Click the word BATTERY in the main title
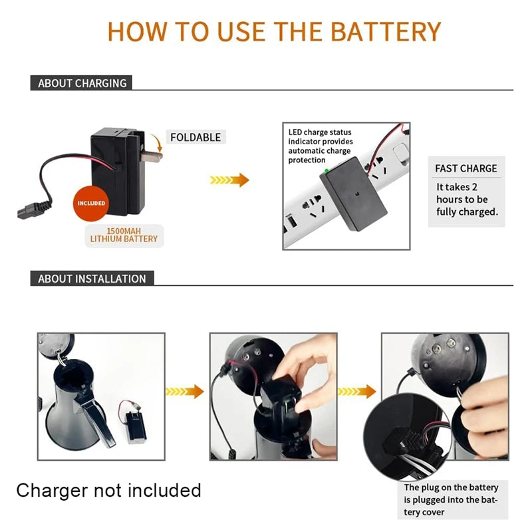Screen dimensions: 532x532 click(x=386, y=31)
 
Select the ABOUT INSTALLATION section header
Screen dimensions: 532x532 click(x=92, y=279)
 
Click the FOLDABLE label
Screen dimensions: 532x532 click(x=196, y=137)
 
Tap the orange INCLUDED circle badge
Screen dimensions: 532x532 click(x=91, y=203)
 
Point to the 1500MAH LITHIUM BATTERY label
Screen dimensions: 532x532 click(x=124, y=235)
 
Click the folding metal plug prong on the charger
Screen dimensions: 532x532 click(x=152, y=157)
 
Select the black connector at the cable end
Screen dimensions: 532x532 click(x=34, y=209)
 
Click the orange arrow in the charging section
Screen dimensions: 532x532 click(x=229, y=180)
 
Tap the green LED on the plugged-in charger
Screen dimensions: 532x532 click(x=327, y=171)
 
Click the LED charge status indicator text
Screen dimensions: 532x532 click(x=321, y=146)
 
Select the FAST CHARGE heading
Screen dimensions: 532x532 click(x=466, y=168)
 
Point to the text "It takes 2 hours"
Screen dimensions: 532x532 click(x=462, y=193)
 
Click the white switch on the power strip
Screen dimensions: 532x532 click(x=401, y=152)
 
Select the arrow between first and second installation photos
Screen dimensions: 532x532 click(x=185, y=392)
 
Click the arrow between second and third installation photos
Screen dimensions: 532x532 click(x=357, y=392)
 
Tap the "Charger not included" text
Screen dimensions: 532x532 click(x=108, y=490)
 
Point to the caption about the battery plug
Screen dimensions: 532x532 click(x=451, y=499)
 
